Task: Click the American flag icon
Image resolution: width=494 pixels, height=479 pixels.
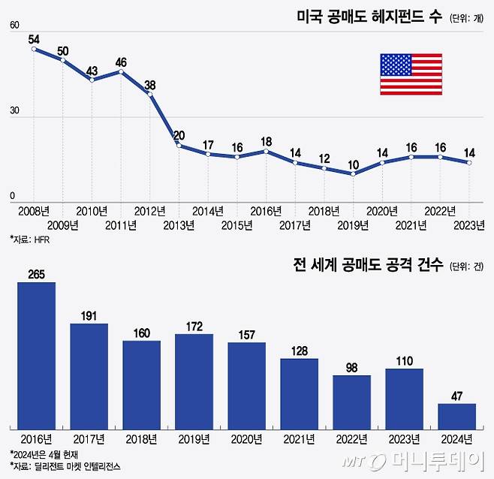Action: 411,74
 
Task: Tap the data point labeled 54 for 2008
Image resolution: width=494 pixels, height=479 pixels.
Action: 34,50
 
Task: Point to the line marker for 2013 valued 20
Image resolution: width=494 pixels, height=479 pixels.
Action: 179,145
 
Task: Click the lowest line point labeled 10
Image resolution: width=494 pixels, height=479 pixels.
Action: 353,174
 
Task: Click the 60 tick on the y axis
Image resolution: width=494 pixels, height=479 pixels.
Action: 14,26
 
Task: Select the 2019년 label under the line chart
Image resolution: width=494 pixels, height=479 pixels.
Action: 354,224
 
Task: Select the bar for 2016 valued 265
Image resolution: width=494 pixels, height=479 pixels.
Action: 36,355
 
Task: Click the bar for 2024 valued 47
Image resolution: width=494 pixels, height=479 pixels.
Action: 456,415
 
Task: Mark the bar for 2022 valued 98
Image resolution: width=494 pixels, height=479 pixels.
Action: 351,401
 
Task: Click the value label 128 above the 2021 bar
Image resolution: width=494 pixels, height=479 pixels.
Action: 299,351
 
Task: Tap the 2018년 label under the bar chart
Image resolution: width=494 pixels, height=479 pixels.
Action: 141,438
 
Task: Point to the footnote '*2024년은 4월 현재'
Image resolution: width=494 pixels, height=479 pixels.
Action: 44,453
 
